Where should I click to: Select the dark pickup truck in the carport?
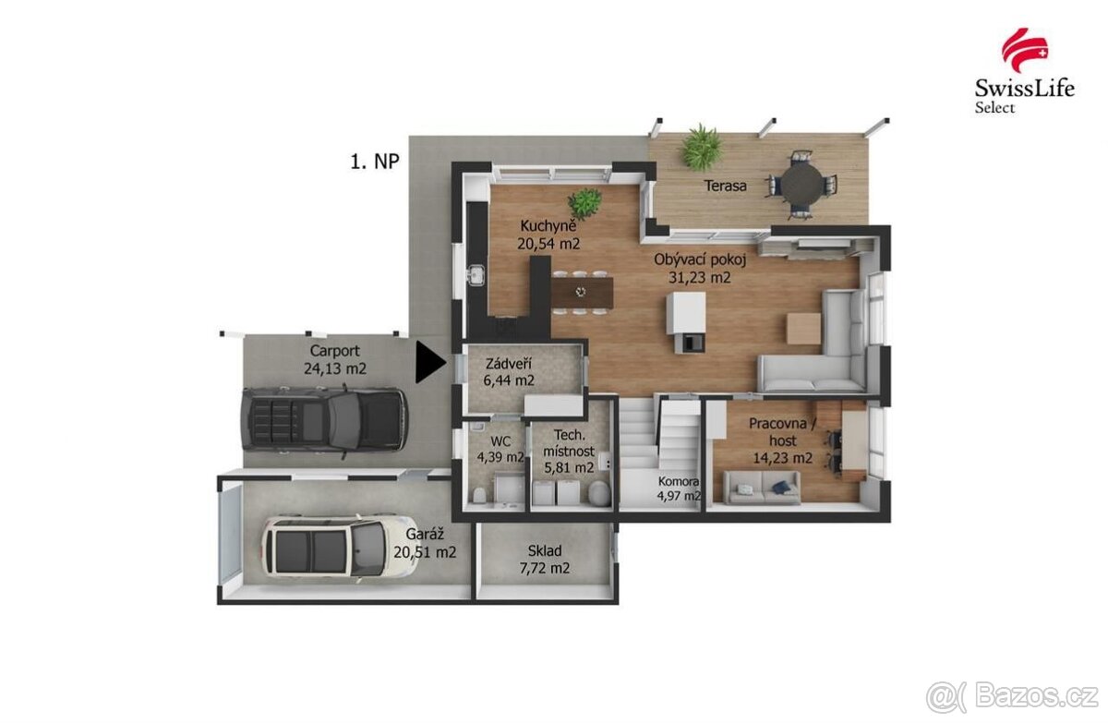pos(323,420)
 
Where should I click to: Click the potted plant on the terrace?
pos(703,146)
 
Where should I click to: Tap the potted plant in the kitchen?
pos(584,200)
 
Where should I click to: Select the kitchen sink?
pos(476,275)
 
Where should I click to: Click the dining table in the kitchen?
pos(580,293)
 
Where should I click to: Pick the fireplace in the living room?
pos(685,323)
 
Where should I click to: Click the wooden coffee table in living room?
pos(802,329)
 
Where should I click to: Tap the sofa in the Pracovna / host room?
pos(762,487)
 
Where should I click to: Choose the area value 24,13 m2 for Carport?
pos(334,368)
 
